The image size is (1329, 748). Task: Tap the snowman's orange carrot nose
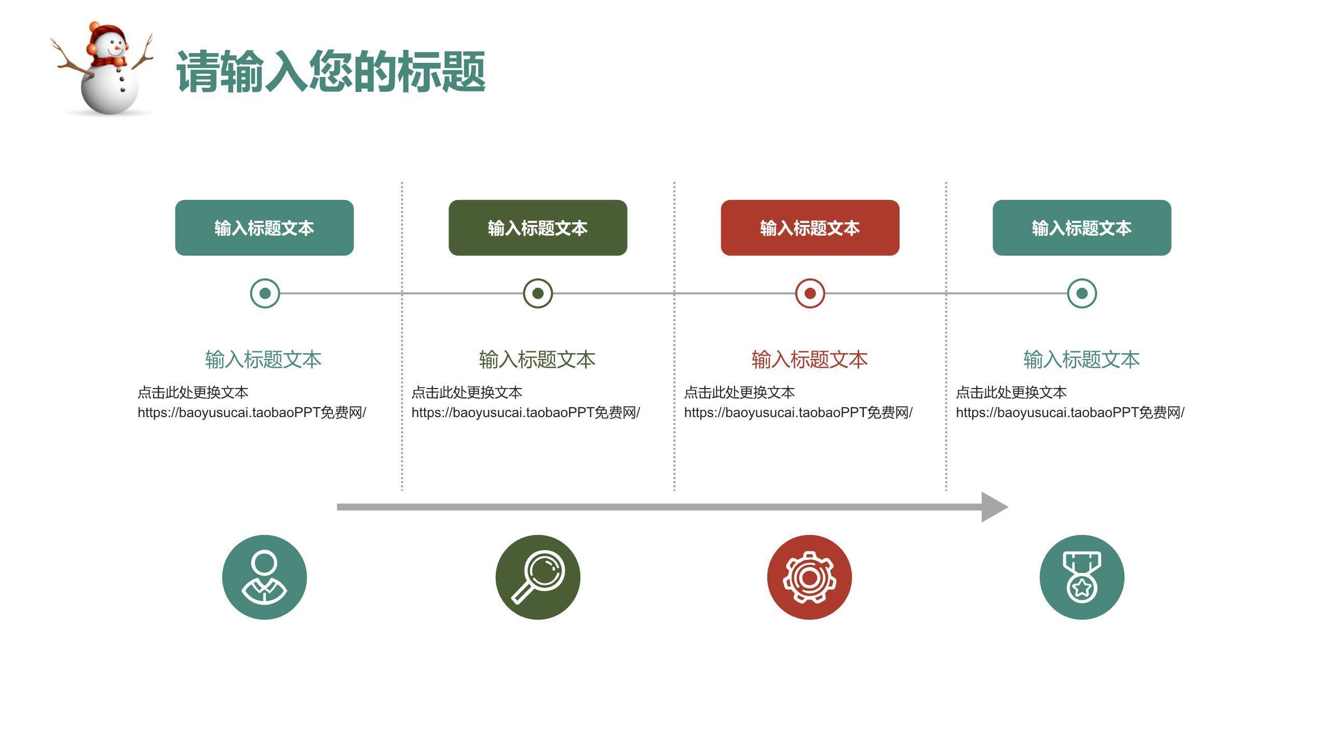[x=119, y=48]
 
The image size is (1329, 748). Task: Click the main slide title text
[x=331, y=72]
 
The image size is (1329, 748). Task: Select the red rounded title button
[x=810, y=228]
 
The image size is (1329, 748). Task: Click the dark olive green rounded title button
[x=537, y=228]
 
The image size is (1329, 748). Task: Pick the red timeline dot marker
[x=810, y=293]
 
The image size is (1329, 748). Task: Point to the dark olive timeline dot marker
[x=538, y=293]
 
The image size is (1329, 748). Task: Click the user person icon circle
[x=264, y=577]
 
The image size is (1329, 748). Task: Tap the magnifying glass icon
[x=538, y=577]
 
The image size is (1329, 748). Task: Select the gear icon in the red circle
[x=809, y=577]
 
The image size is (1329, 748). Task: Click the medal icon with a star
[x=1082, y=577]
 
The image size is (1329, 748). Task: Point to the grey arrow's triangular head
[x=994, y=507]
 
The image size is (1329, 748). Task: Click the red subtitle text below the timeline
[x=809, y=359]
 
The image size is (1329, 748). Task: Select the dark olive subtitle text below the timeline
[x=537, y=359]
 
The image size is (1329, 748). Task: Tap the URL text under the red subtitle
[x=798, y=412]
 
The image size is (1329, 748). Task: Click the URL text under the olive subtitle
[x=525, y=412]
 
